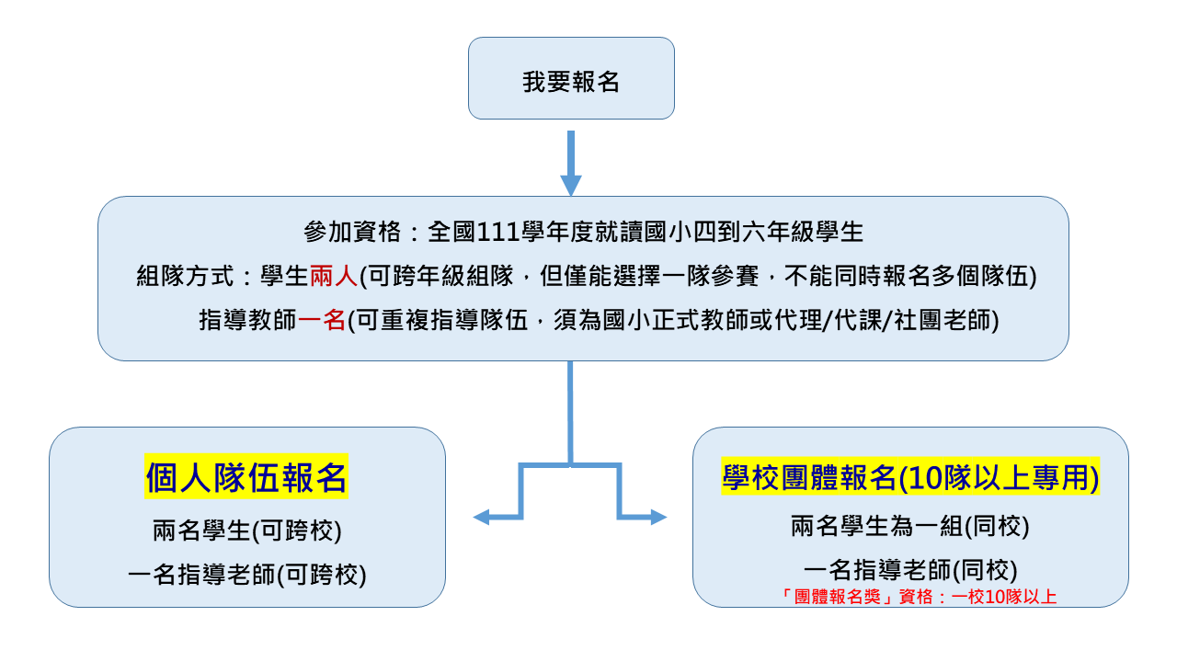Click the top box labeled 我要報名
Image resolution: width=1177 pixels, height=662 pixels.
click(571, 78)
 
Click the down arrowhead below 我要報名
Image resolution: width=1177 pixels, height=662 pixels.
click(571, 186)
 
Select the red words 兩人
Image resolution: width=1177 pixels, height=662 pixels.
click(334, 276)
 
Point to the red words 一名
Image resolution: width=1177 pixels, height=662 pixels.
click(321, 320)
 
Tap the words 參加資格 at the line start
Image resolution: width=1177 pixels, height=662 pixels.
click(352, 232)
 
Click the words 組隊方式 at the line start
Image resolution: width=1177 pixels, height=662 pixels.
click(185, 276)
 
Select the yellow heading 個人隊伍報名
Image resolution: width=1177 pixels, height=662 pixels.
click(246, 477)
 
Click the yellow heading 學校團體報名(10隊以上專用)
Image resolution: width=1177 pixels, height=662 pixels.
click(910, 477)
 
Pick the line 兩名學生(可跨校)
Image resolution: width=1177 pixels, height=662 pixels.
click(247, 531)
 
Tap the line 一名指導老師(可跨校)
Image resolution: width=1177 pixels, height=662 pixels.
click(247, 575)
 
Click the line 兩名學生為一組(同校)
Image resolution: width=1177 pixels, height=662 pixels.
click(910, 526)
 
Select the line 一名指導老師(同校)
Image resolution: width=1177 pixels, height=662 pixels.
click(910, 570)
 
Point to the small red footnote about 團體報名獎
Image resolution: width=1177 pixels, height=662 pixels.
click(917, 597)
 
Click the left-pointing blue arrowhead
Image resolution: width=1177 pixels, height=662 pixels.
click(481, 517)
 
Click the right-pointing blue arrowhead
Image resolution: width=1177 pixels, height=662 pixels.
click(659, 517)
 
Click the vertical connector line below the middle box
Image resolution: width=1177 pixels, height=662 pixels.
click(570, 413)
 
